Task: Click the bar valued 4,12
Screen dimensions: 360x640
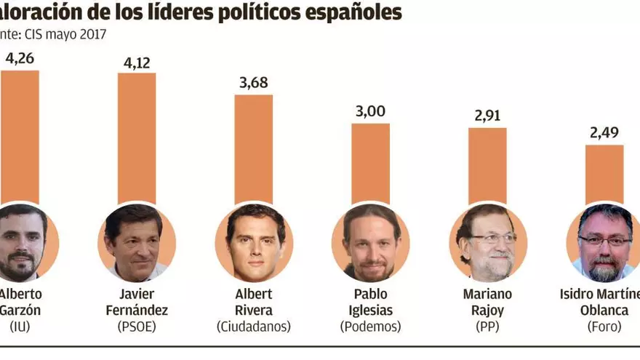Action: [137, 138]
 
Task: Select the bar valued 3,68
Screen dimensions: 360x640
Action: [254, 149]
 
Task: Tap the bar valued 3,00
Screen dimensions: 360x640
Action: [371, 163]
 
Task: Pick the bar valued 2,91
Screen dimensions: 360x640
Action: [487, 165]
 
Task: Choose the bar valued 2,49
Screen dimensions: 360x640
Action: [604, 174]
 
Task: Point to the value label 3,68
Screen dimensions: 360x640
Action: [254, 81]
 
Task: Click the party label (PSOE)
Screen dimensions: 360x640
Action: [137, 328]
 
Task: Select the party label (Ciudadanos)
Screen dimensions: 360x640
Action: [254, 328]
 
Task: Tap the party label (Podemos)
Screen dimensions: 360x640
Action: [371, 328]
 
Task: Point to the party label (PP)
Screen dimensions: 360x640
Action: [487, 328]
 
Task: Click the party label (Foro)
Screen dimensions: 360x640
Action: [604, 328]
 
